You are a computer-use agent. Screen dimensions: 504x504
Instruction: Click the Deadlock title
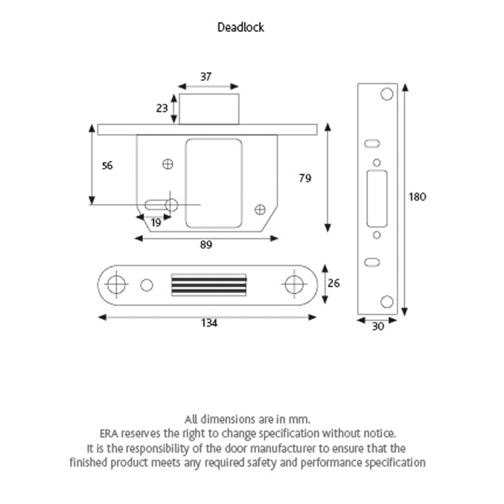[241, 28]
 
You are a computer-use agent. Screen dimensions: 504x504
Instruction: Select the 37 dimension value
[206, 76]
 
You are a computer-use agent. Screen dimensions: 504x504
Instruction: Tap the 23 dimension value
[162, 108]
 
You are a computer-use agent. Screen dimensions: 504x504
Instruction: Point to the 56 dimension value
[107, 165]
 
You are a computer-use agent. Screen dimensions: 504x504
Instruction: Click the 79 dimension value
[305, 178]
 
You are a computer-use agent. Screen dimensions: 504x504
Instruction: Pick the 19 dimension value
[156, 222]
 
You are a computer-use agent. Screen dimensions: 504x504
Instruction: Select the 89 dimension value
[206, 245]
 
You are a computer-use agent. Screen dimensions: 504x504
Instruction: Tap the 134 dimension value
[209, 323]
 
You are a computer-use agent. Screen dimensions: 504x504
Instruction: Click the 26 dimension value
[334, 283]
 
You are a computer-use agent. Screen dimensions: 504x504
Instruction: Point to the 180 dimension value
[417, 197]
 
